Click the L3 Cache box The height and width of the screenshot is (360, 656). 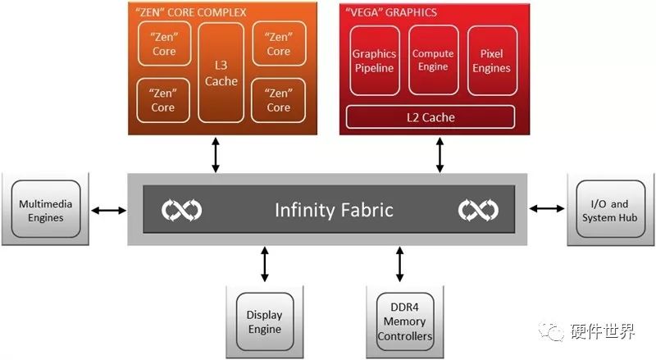(221, 72)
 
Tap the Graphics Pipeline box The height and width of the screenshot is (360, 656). (374, 61)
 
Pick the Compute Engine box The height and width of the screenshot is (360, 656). (433, 61)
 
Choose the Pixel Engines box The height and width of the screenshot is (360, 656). (491, 61)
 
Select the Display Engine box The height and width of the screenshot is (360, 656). (264, 322)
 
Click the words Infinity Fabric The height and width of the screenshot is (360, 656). (334, 210)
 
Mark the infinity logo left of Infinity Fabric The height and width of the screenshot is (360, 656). (182, 210)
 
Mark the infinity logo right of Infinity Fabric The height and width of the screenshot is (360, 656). (478, 210)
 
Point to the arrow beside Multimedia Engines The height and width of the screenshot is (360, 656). (108, 211)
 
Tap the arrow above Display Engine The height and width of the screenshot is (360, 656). (264, 264)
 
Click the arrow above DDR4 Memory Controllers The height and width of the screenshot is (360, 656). (399, 264)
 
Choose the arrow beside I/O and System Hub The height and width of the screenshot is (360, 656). (546, 209)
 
